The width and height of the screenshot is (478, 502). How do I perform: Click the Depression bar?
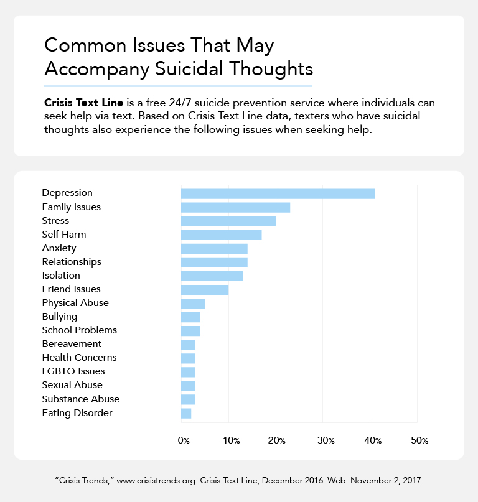(278, 193)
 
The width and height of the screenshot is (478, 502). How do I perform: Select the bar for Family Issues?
(235, 207)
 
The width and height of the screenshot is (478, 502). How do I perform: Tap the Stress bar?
(228, 221)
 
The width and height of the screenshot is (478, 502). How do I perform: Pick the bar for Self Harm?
(221, 235)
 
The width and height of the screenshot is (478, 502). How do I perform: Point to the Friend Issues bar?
(204, 289)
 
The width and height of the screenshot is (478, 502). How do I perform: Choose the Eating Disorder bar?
(186, 413)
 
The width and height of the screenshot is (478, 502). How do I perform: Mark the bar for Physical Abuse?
(193, 303)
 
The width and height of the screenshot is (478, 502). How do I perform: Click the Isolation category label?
(61, 276)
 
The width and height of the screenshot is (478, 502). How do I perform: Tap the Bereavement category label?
(72, 344)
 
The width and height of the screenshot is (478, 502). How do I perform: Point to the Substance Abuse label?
(80, 399)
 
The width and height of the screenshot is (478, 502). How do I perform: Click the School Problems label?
(79, 330)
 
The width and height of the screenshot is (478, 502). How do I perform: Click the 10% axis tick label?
(230, 440)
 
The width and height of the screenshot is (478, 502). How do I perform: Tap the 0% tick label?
(184, 440)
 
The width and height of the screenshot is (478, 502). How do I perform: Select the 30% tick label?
(325, 440)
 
